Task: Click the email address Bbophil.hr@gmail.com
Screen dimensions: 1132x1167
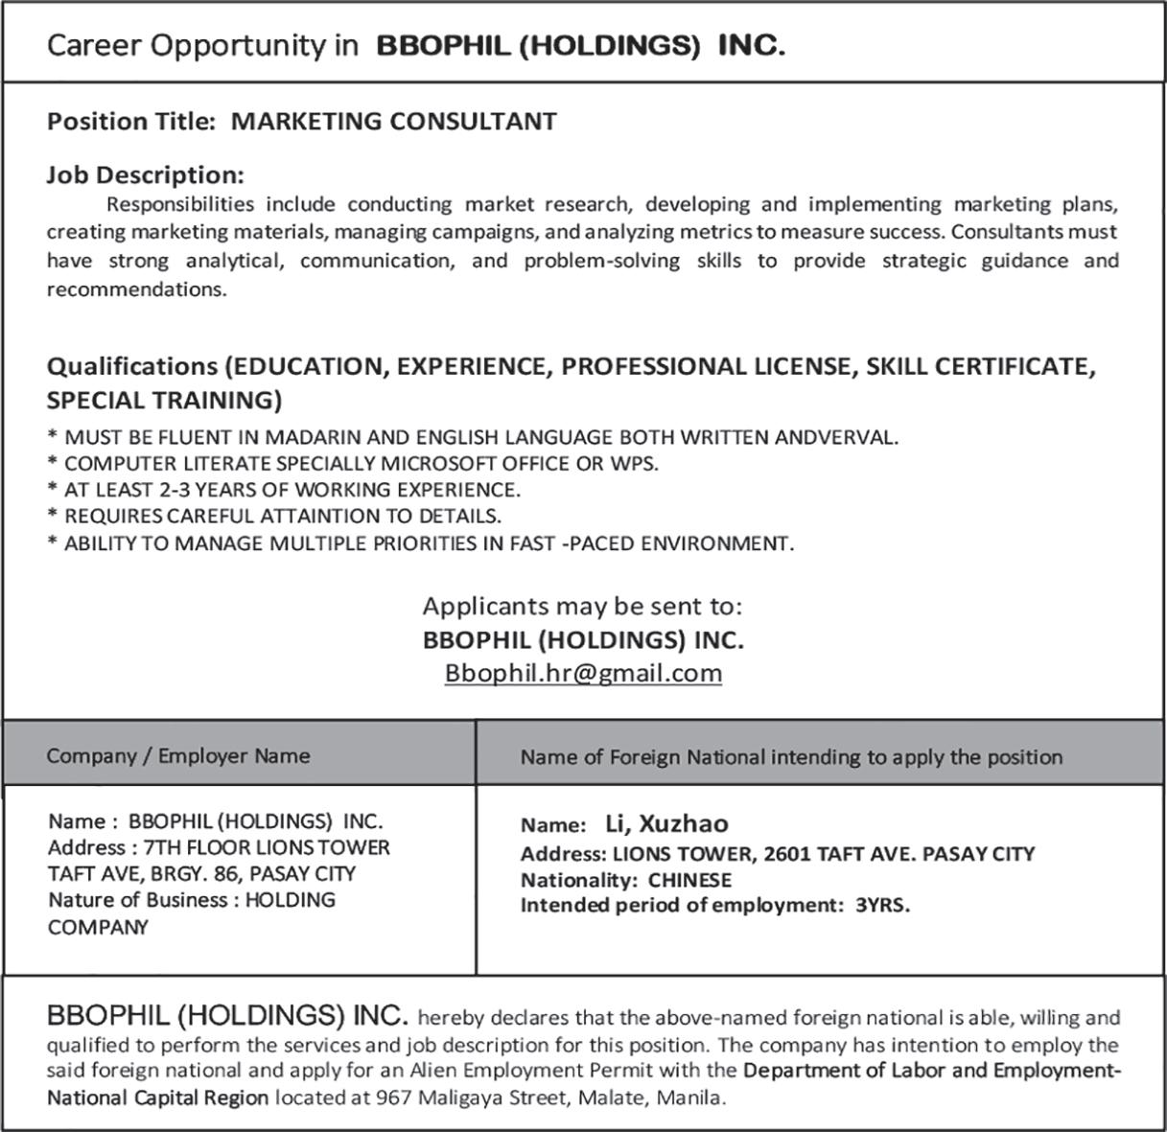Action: point(583,673)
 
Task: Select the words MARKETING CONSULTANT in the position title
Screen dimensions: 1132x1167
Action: point(394,122)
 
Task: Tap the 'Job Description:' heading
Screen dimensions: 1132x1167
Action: point(146,175)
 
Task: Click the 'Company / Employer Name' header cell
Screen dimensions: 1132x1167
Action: point(178,756)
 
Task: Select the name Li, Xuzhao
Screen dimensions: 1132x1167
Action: point(666,823)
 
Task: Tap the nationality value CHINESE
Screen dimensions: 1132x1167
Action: point(689,880)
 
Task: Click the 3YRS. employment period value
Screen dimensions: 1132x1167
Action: point(882,905)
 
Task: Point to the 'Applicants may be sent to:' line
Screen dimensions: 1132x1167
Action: point(583,606)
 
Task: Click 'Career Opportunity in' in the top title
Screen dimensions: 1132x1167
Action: point(202,46)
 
